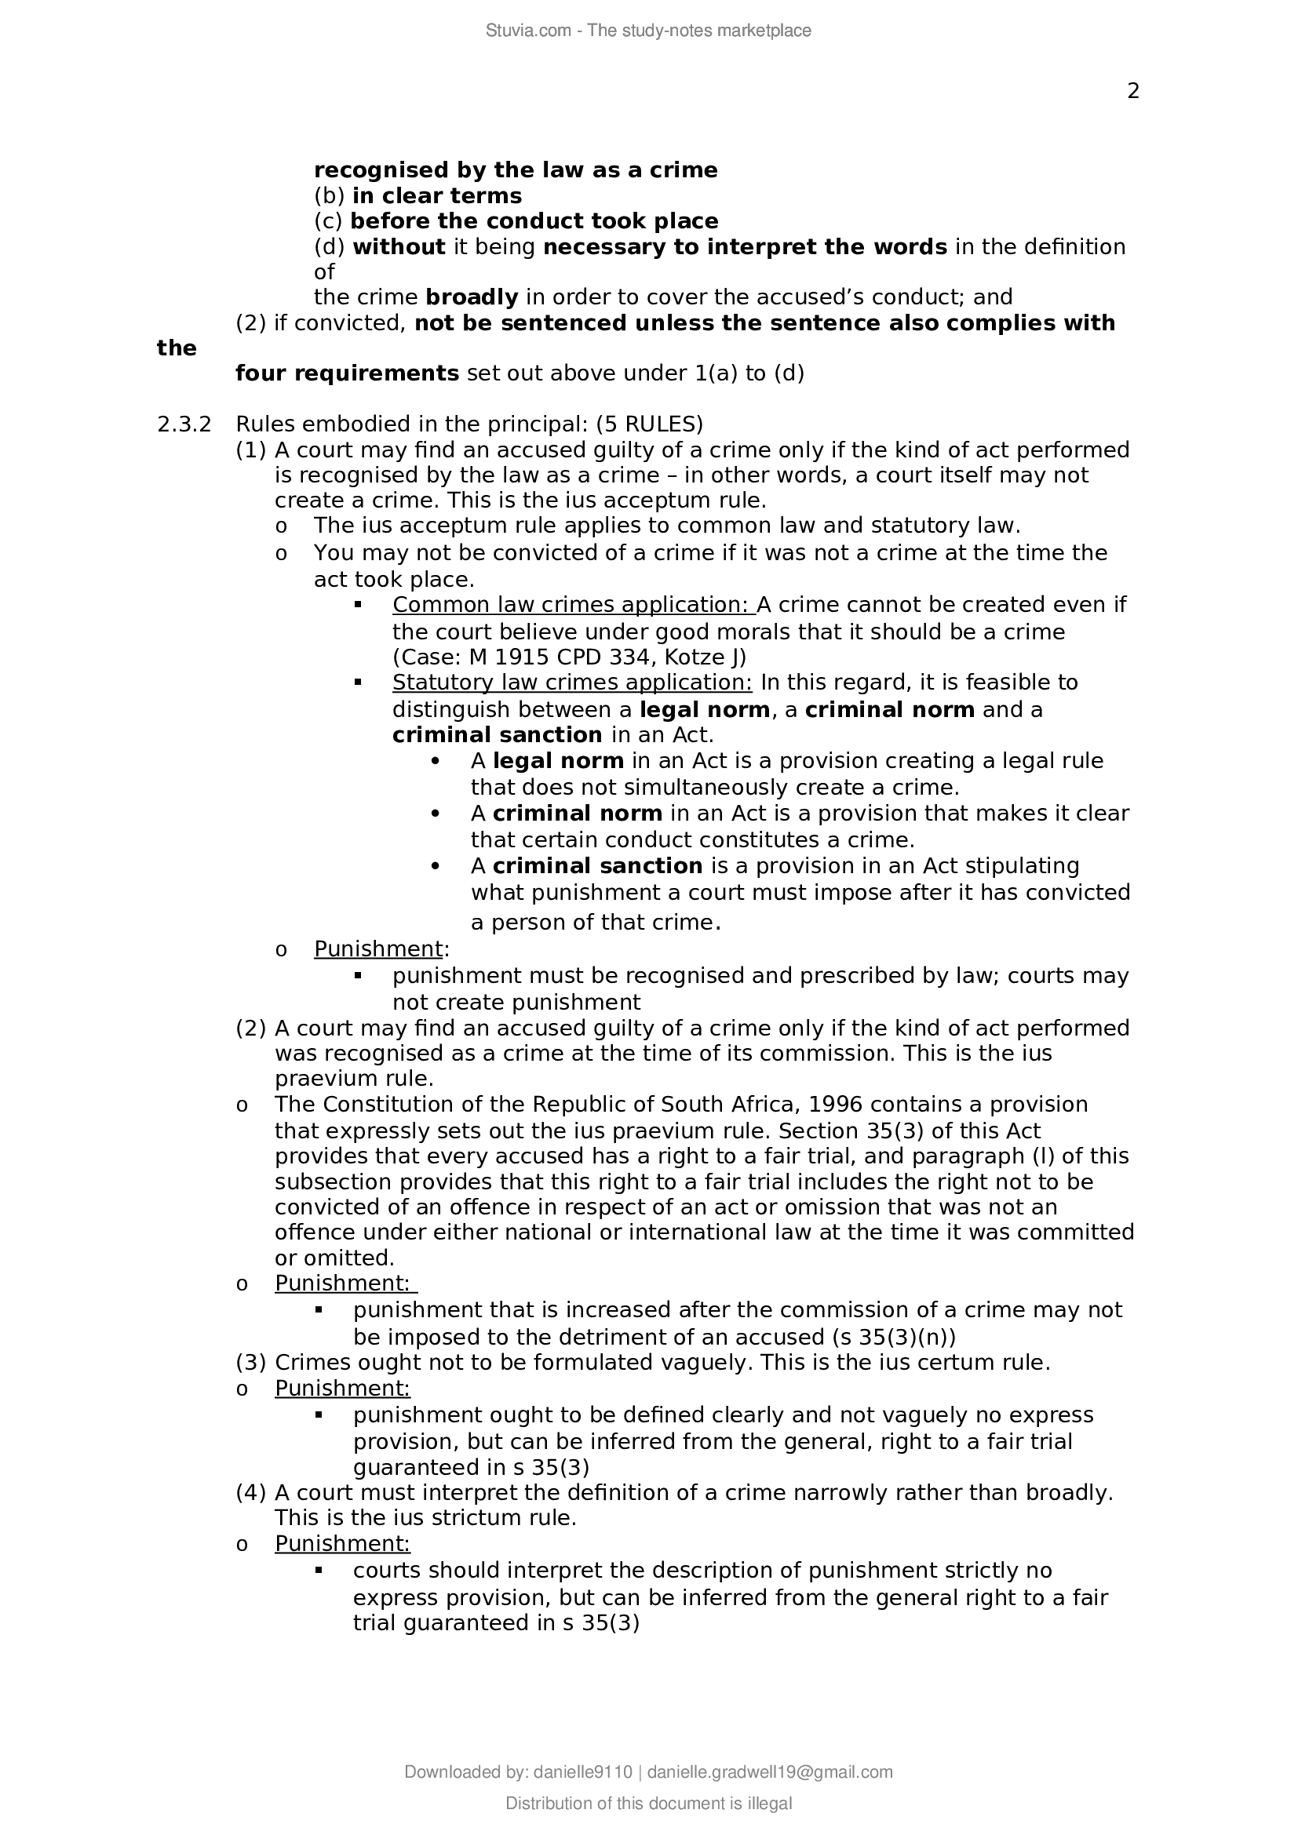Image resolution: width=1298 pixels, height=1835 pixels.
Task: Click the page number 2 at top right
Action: pyautogui.click(x=1132, y=92)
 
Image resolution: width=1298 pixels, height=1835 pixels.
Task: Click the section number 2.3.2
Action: pyautogui.click(x=184, y=424)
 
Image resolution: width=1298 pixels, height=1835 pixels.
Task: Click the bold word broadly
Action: pyautogui.click(x=472, y=297)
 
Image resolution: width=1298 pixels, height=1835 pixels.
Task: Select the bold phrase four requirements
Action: pyautogui.click(x=347, y=373)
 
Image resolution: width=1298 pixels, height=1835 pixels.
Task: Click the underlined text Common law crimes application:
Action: pyautogui.click(x=573, y=604)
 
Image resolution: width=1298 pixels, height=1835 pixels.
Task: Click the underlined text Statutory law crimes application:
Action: pyautogui.click(x=572, y=683)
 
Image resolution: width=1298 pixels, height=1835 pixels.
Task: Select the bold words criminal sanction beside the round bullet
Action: pyautogui.click(x=597, y=866)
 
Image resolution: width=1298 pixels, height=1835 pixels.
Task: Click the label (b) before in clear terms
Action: pyautogui.click(x=329, y=196)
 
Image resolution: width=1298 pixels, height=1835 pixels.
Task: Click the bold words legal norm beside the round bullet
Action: pyautogui.click(x=558, y=761)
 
